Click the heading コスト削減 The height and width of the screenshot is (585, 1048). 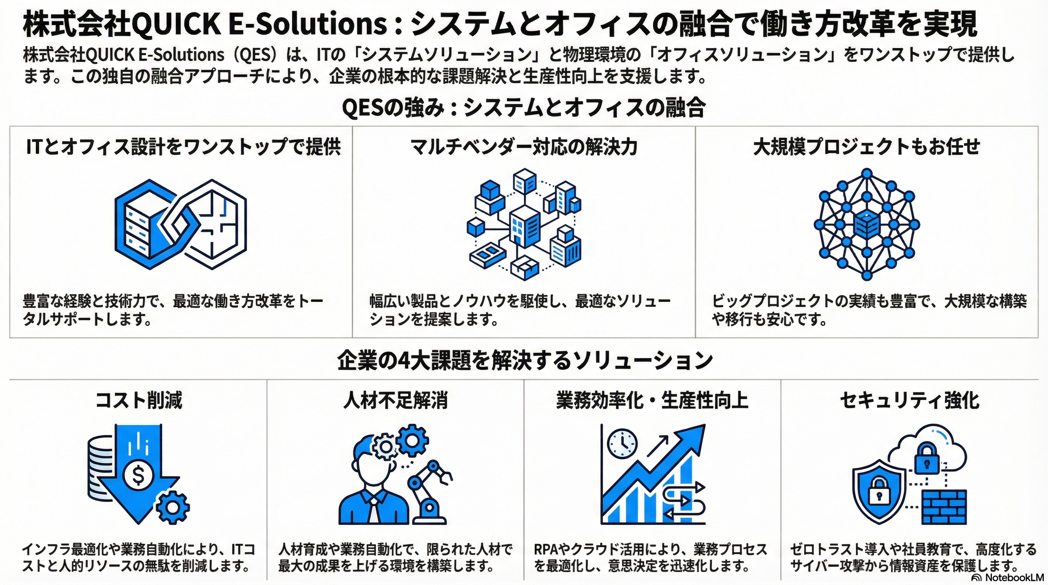pos(139,400)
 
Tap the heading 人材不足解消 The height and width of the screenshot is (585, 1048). pos(395,400)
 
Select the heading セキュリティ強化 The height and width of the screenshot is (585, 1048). pos(910,400)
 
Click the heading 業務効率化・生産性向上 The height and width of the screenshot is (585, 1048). pos(652,400)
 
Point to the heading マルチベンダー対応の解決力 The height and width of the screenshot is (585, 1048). pos(524,147)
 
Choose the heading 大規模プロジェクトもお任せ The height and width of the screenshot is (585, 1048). pos(867,147)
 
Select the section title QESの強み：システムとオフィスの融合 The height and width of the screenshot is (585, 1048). pos(524,108)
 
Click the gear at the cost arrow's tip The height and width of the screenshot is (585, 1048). pos(173,508)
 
